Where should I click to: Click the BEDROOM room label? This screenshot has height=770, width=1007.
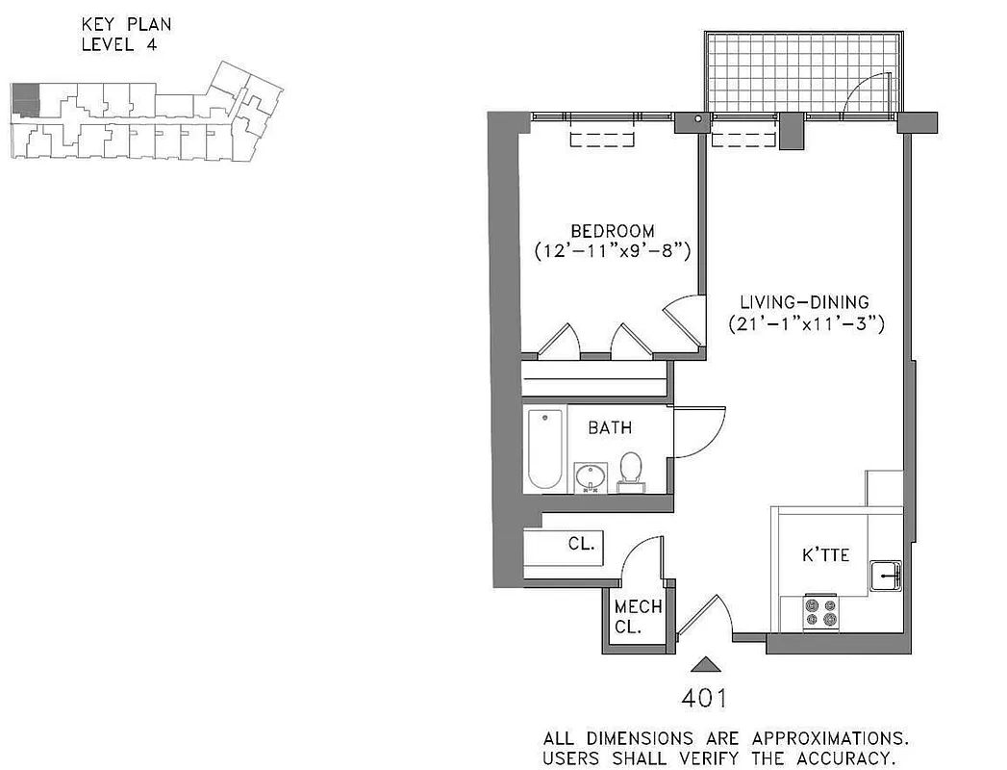(x=613, y=231)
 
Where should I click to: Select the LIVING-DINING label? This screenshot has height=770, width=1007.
(x=805, y=301)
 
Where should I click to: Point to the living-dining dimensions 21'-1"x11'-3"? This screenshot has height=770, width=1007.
(x=806, y=323)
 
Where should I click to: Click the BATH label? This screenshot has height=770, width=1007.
(x=610, y=427)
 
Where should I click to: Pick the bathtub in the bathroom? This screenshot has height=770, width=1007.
(x=544, y=449)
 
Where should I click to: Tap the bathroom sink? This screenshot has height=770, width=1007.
(x=590, y=476)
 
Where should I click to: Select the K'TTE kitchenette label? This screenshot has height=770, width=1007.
(x=825, y=555)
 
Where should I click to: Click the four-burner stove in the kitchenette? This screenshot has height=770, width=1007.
(x=821, y=613)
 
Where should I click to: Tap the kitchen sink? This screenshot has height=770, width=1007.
(x=885, y=576)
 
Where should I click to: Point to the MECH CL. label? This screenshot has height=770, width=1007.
(x=638, y=616)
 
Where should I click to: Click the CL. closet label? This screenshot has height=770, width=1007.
(x=582, y=544)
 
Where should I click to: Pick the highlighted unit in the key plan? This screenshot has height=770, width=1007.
(x=25, y=100)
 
